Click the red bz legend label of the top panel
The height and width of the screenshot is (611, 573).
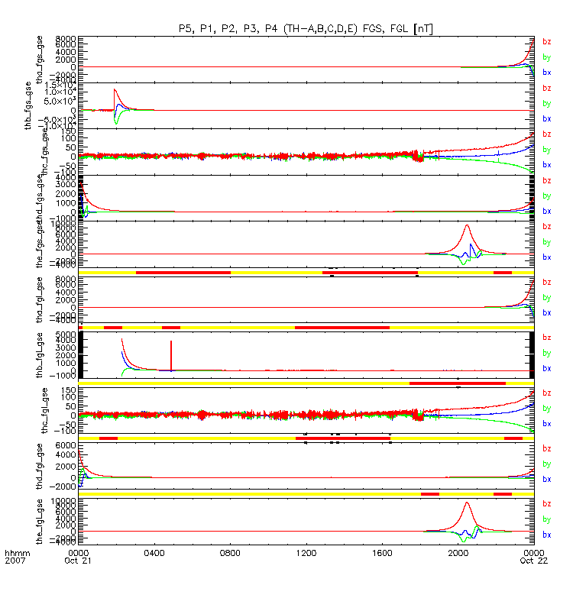(x=546, y=42)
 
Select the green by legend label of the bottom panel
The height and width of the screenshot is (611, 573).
(x=546, y=519)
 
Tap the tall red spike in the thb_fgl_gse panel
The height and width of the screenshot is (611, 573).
(x=171, y=342)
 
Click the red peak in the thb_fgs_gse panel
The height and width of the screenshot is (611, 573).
(x=115, y=89)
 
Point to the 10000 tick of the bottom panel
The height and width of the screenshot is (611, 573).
(x=64, y=502)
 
